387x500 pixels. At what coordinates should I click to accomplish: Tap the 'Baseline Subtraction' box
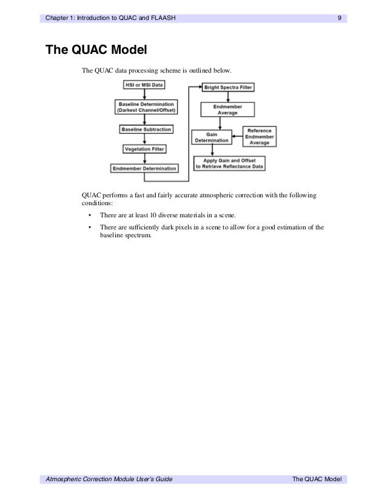pos(146,130)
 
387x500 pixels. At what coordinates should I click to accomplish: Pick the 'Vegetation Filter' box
pos(144,149)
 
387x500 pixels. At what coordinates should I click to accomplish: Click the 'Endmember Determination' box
pos(144,168)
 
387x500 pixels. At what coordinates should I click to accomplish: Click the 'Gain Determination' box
pos(212,137)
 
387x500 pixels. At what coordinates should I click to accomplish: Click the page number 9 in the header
pos(340,18)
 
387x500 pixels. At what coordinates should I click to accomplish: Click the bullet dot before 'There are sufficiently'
pos(90,228)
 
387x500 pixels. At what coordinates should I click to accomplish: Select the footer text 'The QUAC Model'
pos(317,479)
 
